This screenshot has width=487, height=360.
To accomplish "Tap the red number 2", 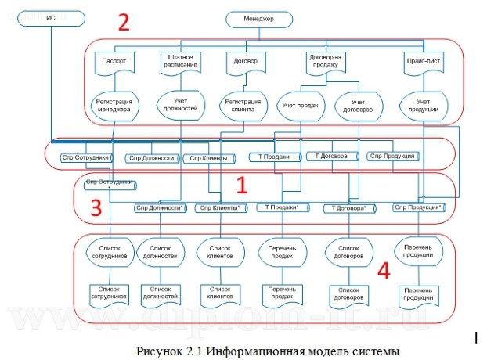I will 123,23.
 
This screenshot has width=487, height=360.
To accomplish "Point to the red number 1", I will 242,185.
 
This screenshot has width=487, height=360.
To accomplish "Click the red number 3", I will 96,207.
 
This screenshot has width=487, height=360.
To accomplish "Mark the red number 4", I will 384,270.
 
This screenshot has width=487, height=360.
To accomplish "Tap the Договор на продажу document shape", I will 328,62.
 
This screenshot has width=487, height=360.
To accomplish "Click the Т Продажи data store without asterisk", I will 274,157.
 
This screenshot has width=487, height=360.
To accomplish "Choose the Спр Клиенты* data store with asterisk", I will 220,207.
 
